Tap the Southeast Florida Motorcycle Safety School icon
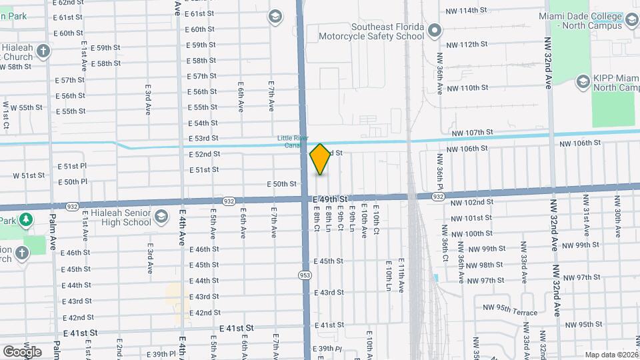[x=435, y=31]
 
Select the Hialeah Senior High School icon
[x=161, y=216]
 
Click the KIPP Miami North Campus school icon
[x=582, y=81]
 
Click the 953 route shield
[x=305, y=275]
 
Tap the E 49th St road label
[x=328, y=199]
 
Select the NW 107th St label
[x=471, y=133]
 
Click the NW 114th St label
[x=468, y=10]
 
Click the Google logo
[x=22, y=351]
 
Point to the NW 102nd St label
[x=471, y=203]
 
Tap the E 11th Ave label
[x=402, y=275]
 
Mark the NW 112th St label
[x=467, y=44]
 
